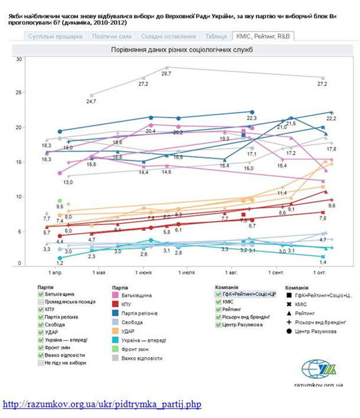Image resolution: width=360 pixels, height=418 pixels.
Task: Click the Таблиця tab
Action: pyautogui.click(x=217, y=37)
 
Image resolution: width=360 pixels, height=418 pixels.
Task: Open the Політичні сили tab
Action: pyautogui.click(x=112, y=37)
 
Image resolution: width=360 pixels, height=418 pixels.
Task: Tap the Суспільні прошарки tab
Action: pyautogui.click(x=57, y=37)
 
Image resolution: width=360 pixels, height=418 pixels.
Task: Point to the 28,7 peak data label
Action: pyautogui.click(x=166, y=74)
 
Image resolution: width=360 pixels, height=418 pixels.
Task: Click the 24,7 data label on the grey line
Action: pyautogui.click(x=91, y=101)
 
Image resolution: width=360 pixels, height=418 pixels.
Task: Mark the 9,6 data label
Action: pyautogui.click(x=332, y=206)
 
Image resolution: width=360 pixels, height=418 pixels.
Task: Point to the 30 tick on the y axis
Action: pyautogui.click(x=19, y=59)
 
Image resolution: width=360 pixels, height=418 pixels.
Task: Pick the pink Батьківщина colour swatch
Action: pyautogui.click(x=116, y=295)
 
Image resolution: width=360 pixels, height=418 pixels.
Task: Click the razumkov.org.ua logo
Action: pyautogui.click(x=319, y=370)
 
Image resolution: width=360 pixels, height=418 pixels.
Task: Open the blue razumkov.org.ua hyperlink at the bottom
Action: pyautogui.click(x=102, y=404)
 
